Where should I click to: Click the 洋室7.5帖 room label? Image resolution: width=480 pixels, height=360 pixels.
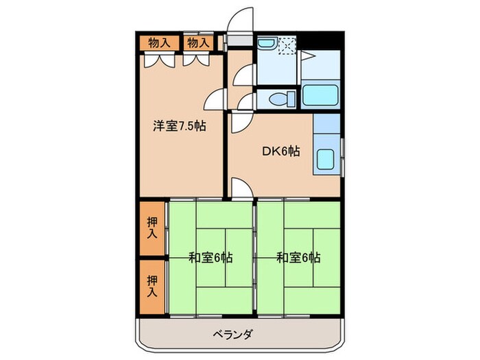tap(180, 126)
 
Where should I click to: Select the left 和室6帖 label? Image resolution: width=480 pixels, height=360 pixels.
tap(210, 259)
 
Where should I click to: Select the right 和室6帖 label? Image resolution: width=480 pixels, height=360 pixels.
tap(298, 259)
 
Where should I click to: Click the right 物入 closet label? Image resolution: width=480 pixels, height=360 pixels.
tap(198, 43)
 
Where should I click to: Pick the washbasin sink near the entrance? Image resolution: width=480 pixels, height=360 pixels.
tap(266, 45)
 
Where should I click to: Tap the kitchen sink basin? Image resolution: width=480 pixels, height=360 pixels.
tap(324, 159)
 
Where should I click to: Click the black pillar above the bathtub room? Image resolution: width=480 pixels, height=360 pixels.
tap(322, 40)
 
